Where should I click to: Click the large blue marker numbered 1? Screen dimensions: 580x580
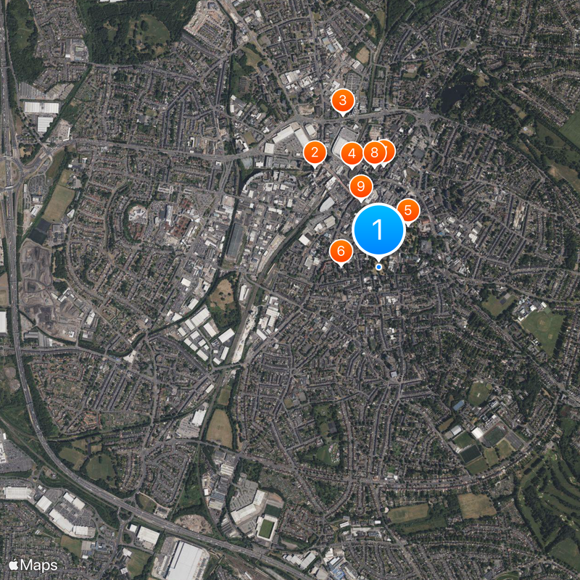click(x=378, y=229)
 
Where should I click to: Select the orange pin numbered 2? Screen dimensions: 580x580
click(x=315, y=152)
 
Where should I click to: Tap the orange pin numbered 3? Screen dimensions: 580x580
click(x=342, y=101)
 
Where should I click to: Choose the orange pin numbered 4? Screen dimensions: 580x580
click(x=352, y=153)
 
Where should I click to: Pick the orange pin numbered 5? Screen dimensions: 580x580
click(x=407, y=211)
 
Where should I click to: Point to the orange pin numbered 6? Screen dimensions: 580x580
click(x=341, y=252)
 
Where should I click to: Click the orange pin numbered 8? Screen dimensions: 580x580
click(x=374, y=153)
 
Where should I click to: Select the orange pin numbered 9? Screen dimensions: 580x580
click(x=360, y=186)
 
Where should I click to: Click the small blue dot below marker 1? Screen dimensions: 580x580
click(x=378, y=267)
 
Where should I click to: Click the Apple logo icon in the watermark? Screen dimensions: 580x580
click(x=13, y=564)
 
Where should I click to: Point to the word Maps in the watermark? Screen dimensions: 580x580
click(x=39, y=564)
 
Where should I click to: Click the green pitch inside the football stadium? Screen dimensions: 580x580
click(x=266, y=529)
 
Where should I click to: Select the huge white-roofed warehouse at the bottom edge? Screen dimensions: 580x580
click(x=186, y=561)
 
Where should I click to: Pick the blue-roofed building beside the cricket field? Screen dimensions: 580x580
click(x=458, y=405)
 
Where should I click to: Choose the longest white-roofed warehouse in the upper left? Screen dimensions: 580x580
click(x=41, y=107)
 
